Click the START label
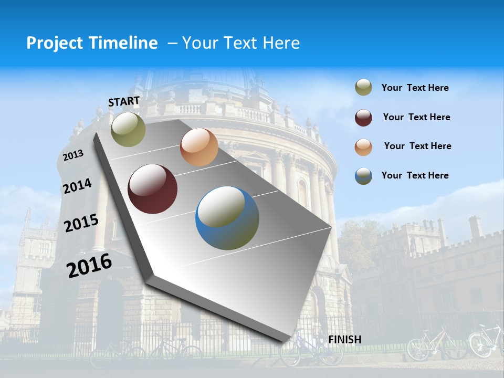click(x=124, y=101)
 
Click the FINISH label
click(x=345, y=340)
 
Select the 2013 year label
click(x=73, y=155)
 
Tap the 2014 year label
click(x=77, y=186)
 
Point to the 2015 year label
click(x=81, y=223)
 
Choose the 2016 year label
click(x=89, y=265)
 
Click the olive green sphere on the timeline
click(x=128, y=129)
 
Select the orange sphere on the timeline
click(x=199, y=147)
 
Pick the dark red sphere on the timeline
click(x=153, y=189)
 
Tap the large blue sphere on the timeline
click(x=227, y=218)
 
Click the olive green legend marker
click(x=363, y=88)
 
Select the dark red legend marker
click(x=363, y=118)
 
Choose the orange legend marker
click(x=363, y=147)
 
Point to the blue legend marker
click(x=363, y=176)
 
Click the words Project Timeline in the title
click(x=92, y=43)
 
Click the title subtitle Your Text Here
click(x=240, y=43)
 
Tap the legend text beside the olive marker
click(x=415, y=88)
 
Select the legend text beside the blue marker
click(x=415, y=175)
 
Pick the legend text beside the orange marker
click(x=417, y=146)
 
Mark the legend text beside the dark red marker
click(x=416, y=117)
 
